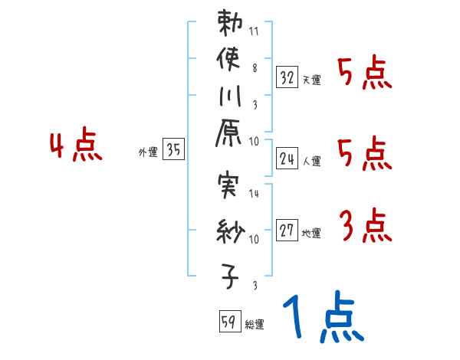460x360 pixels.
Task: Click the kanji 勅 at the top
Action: tap(231, 23)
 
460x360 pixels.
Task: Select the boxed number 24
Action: tap(287, 159)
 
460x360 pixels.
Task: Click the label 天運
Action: tap(311, 79)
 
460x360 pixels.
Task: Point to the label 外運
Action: tap(147, 152)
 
